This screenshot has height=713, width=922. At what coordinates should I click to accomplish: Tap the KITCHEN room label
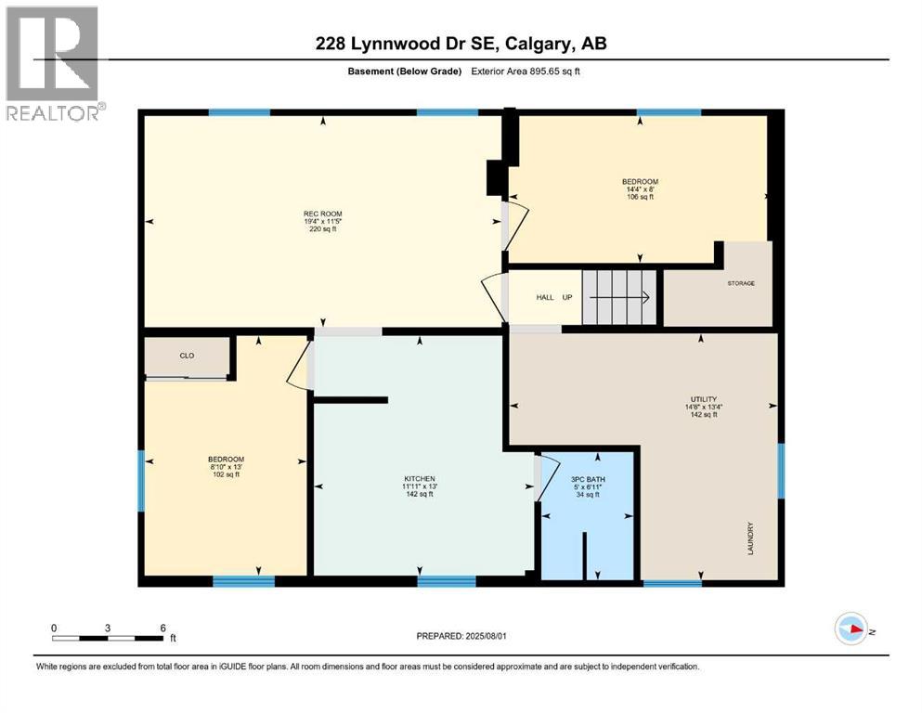pyautogui.click(x=418, y=486)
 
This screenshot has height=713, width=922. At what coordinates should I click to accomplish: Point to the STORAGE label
pyautogui.click(x=741, y=283)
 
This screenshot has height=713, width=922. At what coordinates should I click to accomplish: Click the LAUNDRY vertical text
pyautogui.click(x=750, y=538)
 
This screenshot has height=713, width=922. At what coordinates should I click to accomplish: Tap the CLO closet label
pyautogui.click(x=187, y=355)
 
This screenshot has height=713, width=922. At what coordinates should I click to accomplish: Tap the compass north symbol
pyautogui.click(x=852, y=629)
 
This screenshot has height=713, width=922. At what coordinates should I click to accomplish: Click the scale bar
pyautogui.click(x=109, y=638)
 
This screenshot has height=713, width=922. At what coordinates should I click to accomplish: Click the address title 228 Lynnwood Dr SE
pyautogui.click(x=460, y=43)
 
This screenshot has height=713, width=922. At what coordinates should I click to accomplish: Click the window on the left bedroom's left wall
pyautogui.click(x=142, y=481)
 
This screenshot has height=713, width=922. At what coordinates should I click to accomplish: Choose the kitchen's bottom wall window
pyautogui.click(x=447, y=582)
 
